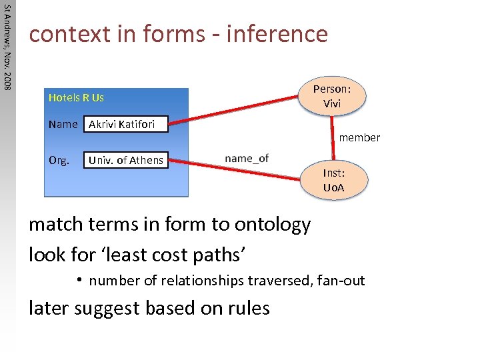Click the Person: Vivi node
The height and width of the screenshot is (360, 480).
click(x=332, y=96)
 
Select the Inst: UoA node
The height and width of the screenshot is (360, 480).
click(x=333, y=180)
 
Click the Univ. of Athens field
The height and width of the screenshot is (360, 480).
click(x=125, y=160)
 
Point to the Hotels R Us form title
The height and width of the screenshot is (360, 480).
click(x=76, y=98)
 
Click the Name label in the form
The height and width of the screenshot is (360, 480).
click(x=63, y=124)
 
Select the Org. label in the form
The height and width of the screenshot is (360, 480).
click(x=59, y=160)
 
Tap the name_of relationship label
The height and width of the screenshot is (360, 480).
click(x=247, y=158)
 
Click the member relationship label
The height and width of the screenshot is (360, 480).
click(x=359, y=138)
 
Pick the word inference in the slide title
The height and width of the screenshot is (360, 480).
click(x=277, y=33)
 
